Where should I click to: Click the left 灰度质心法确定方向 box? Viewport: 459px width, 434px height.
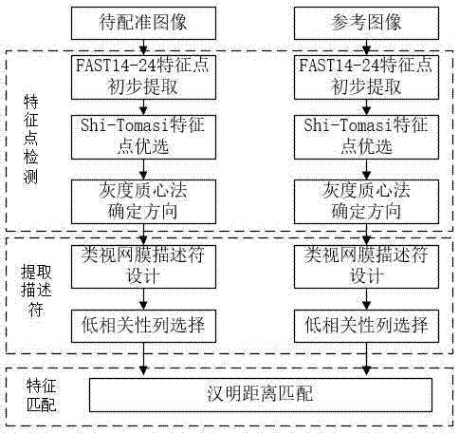(144, 201)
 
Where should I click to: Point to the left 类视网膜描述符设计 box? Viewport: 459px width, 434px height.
(144, 265)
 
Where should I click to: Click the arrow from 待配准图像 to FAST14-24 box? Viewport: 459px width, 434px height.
(144, 47)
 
